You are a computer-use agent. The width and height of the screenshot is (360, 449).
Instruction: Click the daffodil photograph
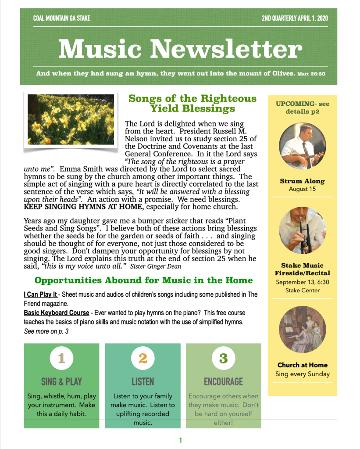click(71, 120)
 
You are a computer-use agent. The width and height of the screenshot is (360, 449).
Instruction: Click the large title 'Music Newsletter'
click(180, 49)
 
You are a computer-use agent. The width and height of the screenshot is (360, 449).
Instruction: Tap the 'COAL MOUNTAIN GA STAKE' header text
click(62, 18)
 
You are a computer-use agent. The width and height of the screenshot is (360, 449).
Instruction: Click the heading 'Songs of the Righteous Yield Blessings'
click(192, 103)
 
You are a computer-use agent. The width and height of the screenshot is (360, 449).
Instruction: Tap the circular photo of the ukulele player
click(302, 146)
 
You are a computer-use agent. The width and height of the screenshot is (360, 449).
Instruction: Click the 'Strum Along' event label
click(302, 181)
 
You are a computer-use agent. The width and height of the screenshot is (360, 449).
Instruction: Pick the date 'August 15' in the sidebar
click(302, 189)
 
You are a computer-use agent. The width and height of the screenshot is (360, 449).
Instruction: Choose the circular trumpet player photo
click(302, 230)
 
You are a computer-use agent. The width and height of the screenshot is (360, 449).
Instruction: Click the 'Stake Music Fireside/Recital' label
click(302, 269)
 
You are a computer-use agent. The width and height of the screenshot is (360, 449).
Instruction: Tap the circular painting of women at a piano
click(302, 329)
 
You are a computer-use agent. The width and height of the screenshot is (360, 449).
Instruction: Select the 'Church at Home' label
click(302, 365)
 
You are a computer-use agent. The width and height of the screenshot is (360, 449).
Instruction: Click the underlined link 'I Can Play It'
click(40, 295)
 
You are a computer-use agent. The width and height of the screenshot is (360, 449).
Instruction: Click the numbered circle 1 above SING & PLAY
click(61, 358)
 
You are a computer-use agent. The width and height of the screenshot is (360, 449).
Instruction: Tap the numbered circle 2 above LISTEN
click(143, 358)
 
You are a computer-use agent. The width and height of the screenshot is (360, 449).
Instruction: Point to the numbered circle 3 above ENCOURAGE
click(223, 358)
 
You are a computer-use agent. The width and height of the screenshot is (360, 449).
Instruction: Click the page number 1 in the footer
click(180, 440)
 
